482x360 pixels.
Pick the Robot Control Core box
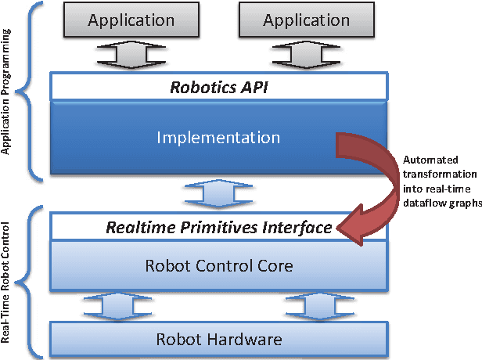tap(219, 266)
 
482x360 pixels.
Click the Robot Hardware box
tap(218, 339)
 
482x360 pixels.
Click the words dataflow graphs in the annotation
tap(439, 202)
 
